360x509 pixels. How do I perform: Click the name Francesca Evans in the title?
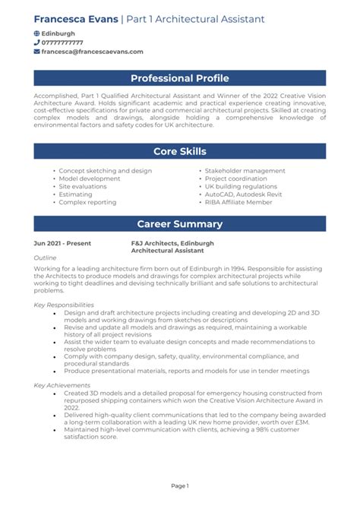pos(76,18)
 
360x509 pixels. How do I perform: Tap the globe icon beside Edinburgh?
pos(37,34)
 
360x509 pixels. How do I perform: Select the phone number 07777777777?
pos(62,43)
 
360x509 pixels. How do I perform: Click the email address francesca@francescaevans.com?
pos(92,52)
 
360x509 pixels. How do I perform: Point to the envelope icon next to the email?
pos(37,52)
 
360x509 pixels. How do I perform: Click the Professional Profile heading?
pos(179,78)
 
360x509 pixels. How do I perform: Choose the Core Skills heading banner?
pos(179,151)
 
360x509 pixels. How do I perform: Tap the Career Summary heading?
pos(179,224)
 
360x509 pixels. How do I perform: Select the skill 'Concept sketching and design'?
pos(105,171)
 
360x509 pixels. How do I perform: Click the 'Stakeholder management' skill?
pos(245,171)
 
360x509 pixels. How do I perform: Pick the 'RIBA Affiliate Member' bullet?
pos(238,202)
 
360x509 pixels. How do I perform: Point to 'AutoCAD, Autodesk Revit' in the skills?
pos(242,194)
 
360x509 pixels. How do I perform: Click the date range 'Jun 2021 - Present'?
pos(62,243)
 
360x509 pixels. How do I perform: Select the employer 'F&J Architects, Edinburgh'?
pos(172,243)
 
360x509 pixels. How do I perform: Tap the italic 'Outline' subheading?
pos(45,258)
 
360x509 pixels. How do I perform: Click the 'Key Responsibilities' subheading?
pos(64,305)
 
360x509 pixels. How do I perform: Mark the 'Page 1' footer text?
pos(179,485)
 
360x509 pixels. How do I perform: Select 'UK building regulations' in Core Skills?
pos(241,187)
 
